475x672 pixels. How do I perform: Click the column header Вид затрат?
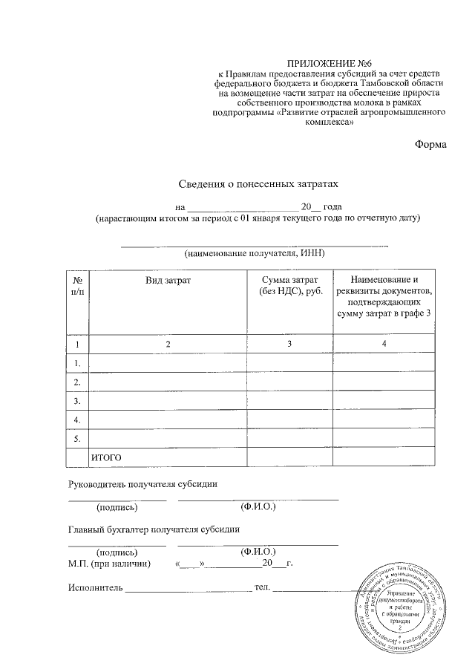click(168, 280)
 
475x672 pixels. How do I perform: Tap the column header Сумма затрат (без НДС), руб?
click(289, 286)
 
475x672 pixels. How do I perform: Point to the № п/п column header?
click(77, 286)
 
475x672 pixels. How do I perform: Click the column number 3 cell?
click(289, 345)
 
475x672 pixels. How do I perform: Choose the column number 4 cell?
click(383, 345)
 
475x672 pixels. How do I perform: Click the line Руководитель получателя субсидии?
click(142, 484)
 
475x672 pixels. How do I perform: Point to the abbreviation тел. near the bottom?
click(262, 588)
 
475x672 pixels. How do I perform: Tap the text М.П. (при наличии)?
click(109, 564)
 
